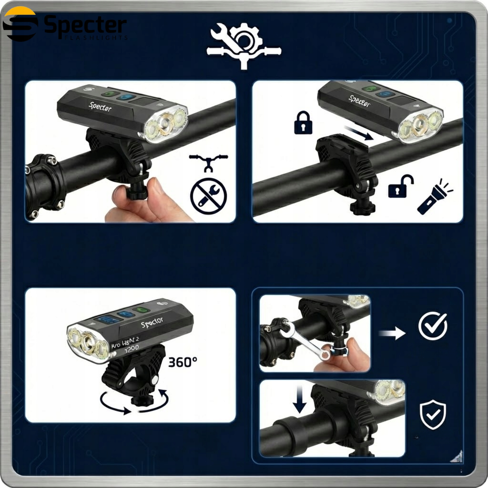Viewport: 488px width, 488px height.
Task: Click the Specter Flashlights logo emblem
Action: click(20, 24)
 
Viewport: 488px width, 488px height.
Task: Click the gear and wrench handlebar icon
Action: click(244, 46)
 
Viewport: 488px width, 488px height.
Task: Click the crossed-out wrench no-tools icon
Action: click(208, 196)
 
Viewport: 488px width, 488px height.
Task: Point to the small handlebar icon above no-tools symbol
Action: click(208, 162)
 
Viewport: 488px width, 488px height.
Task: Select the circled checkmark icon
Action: click(432, 326)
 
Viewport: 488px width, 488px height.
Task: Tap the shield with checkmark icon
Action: click(432, 414)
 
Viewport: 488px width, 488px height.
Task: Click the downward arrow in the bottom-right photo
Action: click(300, 399)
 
